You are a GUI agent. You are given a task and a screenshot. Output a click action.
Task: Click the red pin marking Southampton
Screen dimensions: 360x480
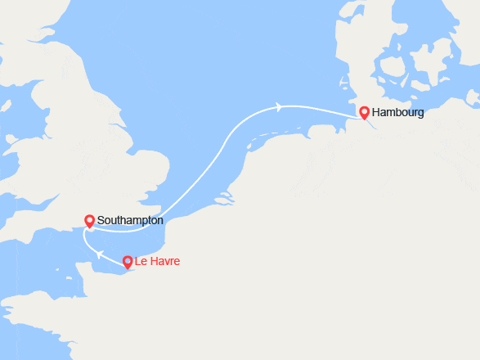(x=89, y=220)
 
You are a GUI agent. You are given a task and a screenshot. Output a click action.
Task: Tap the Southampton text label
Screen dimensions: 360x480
(x=129, y=221)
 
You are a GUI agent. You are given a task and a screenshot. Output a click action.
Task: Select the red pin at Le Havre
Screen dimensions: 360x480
(x=128, y=262)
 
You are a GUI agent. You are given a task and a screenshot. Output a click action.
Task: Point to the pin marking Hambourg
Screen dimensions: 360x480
(x=364, y=112)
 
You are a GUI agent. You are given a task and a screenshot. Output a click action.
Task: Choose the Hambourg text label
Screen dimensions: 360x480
(x=397, y=113)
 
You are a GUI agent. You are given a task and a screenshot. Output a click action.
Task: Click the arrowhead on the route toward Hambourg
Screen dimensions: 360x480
(x=280, y=106)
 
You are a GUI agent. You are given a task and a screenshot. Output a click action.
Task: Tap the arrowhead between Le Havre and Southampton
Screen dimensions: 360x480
(x=98, y=254)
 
